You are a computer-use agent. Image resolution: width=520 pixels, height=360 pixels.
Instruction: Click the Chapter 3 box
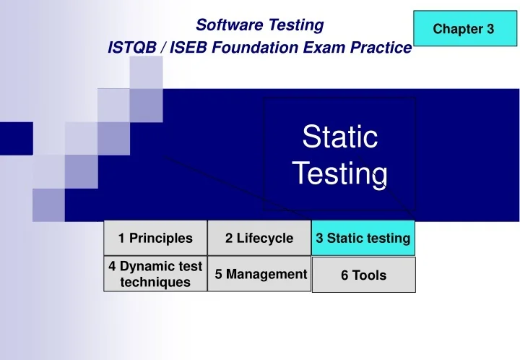(x=464, y=29)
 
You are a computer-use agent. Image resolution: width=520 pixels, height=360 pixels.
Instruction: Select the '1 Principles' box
(x=155, y=238)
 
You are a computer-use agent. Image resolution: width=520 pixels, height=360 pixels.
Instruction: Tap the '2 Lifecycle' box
(x=259, y=238)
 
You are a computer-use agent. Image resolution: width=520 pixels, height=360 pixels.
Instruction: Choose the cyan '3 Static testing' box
(x=363, y=238)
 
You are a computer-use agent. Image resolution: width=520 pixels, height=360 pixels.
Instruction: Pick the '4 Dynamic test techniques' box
(x=155, y=274)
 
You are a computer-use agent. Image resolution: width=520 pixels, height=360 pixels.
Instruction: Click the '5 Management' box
(x=260, y=274)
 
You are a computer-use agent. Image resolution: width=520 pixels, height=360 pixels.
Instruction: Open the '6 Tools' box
(x=363, y=275)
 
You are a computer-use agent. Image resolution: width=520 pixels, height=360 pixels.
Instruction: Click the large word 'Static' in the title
(x=339, y=137)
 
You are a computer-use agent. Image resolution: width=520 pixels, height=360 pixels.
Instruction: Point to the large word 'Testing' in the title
(x=339, y=173)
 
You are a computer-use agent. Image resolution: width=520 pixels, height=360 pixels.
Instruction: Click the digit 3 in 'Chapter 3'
(x=490, y=29)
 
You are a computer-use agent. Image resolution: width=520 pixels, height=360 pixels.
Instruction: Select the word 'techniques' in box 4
(x=155, y=282)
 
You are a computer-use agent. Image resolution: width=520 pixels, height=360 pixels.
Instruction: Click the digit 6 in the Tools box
(x=345, y=275)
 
